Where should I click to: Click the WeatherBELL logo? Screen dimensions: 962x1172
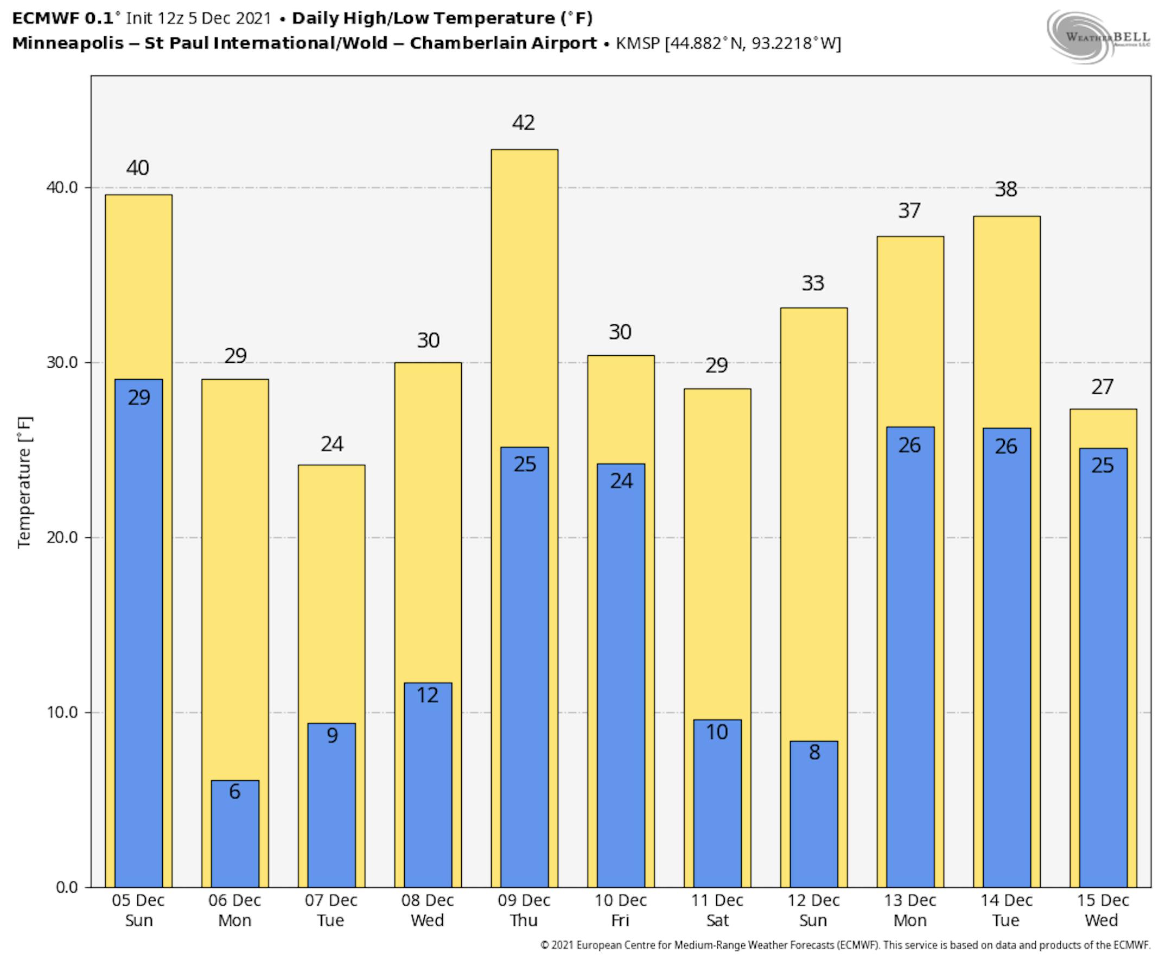[x=1098, y=36]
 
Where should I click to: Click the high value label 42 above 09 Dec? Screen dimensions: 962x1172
[x=524, y=123]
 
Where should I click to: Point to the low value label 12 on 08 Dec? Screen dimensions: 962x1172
[x=428, y=695]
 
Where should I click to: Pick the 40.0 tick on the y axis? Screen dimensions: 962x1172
[x=61, y=187]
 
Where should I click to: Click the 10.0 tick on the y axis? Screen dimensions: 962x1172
[x=61, y=712]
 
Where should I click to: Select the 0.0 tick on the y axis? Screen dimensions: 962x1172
[x=67, y=887]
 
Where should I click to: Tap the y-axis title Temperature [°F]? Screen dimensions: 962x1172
[x=24, y=482]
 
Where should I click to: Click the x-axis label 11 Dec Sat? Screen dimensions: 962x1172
[x=717, y=910]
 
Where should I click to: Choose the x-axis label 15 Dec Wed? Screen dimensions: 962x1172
[x=1102, y=910]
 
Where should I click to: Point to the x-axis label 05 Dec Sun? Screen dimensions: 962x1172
[x=138, y=910]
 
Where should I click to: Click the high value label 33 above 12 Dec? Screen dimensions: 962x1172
[x=813, y=283]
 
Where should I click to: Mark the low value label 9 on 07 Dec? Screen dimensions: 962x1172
[x=332, y=735]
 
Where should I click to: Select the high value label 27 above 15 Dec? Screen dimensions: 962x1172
[x=1102, y=387]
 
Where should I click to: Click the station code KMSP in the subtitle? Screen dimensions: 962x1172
[x=638, y=43]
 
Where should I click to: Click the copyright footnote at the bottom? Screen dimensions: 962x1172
[x=845, y=945]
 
